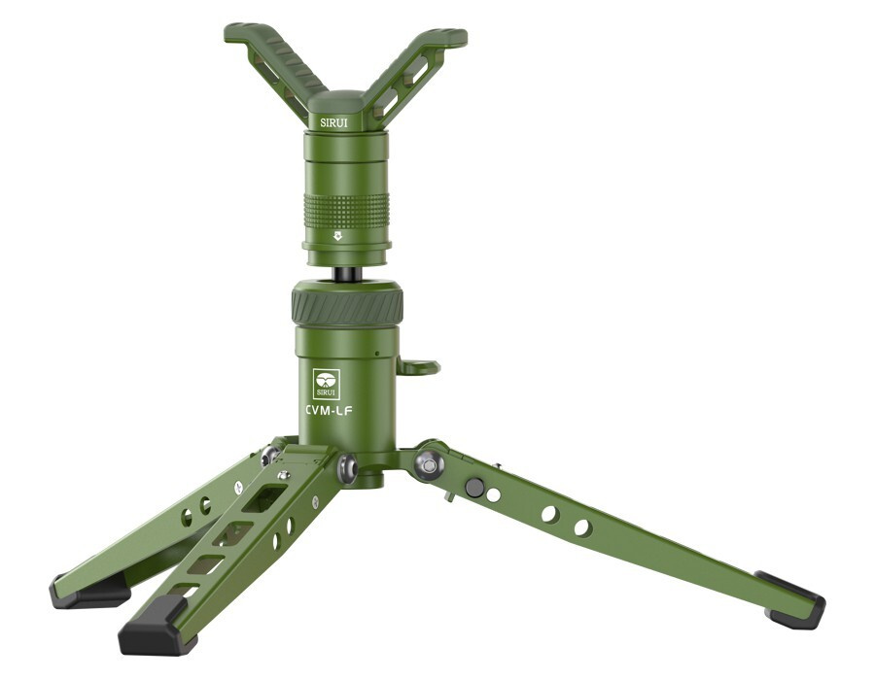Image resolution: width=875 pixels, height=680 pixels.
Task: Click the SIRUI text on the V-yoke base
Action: [333, 122]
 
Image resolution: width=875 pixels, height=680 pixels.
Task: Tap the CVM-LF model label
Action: [329, 411]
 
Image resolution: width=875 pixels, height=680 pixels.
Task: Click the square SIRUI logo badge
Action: [327, 384]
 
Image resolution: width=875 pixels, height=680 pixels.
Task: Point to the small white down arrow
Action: [337, 236]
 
